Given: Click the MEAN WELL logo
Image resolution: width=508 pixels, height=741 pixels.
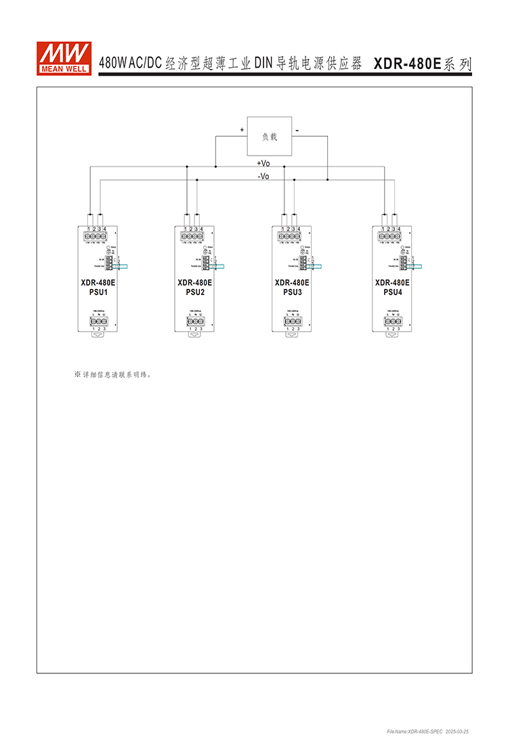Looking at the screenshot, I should coord(64,58).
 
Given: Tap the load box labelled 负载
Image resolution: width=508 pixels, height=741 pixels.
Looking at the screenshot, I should coord(269,136).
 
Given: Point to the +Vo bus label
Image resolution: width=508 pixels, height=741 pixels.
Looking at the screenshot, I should coord(263,163).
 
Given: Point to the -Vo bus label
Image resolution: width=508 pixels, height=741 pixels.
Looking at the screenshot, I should coord(263,177).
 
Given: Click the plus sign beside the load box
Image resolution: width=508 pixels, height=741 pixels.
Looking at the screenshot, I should coord(241,129).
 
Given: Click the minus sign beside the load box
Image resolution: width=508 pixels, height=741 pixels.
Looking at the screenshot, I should coord(297,129).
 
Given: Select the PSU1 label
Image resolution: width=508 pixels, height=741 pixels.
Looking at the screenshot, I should coord(98,292).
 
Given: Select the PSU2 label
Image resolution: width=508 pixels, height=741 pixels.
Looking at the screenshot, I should coord(195,292).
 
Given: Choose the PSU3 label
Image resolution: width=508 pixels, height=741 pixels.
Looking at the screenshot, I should coord(292,292).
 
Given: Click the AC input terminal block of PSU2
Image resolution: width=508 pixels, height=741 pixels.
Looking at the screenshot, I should coord(195,321).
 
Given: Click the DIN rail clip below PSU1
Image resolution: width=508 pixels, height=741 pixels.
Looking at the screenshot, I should coord(98,334).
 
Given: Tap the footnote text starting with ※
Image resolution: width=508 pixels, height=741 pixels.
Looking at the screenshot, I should coord(112,374).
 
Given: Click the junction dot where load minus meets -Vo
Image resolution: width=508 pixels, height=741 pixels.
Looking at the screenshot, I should coord(327,180).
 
